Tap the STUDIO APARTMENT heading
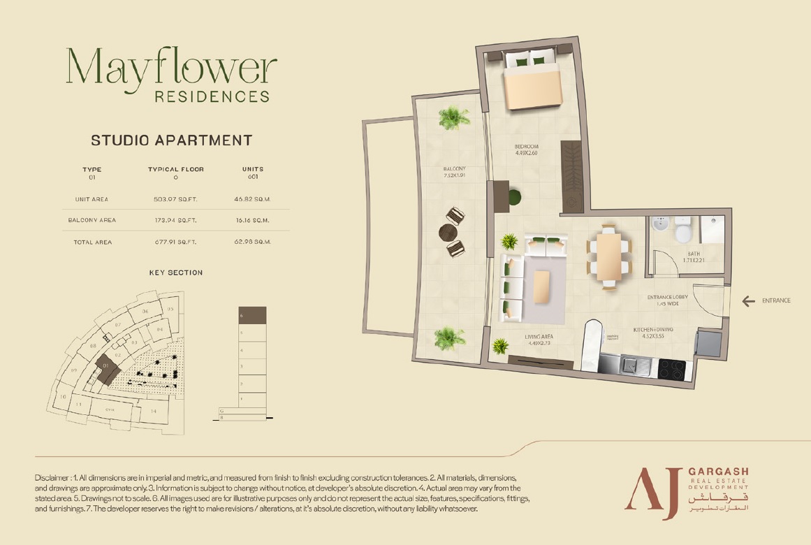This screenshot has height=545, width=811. click(172, 140)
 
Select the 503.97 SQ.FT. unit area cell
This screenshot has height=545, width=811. click(175, 199)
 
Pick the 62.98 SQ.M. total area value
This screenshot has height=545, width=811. click(252, 242)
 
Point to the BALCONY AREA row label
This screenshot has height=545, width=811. click(92, 220)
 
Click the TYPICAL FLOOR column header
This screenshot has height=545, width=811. click(175, 169)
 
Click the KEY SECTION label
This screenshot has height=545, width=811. click(176, 272)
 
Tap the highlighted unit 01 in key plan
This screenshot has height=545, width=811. click(107, 368)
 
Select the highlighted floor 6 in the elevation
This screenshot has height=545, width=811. click(252, 315)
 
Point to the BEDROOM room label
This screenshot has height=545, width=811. click(526, 146)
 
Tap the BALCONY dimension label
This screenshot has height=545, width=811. click(454, 172)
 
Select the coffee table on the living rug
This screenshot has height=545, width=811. click(541, 286)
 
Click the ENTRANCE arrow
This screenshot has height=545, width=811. click(748, 301)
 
